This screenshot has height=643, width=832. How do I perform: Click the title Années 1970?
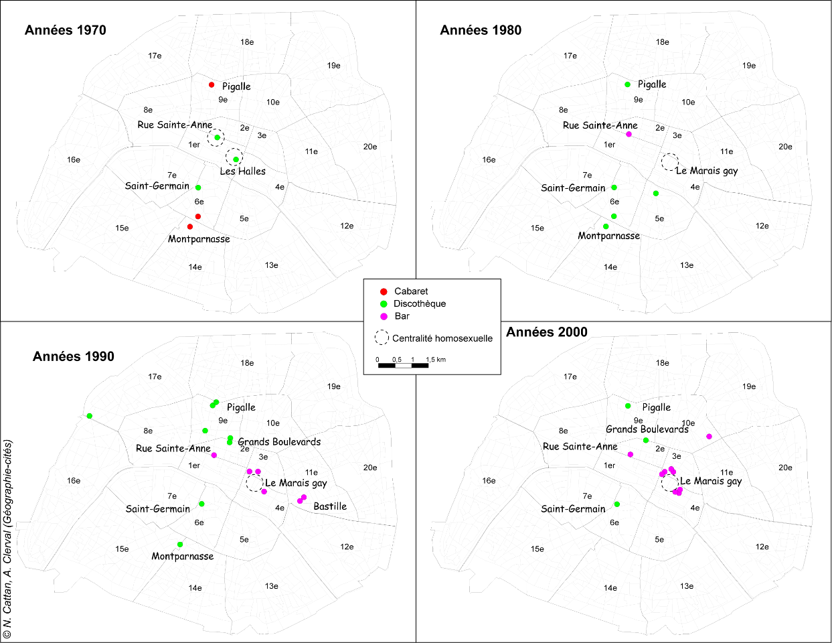point(66,30)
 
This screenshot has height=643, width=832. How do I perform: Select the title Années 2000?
point(547,332)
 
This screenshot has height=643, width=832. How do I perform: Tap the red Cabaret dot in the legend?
point(384,291)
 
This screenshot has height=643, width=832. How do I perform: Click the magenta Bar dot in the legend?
point(384,316)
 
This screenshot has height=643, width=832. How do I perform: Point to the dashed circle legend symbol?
point(382,338)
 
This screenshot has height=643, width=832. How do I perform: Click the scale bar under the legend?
point(403,365)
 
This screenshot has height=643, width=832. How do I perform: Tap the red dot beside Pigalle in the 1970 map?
point(212,85)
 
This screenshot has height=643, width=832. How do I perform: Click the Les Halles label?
point(242,171)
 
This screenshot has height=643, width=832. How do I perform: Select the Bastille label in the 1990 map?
point(330,506)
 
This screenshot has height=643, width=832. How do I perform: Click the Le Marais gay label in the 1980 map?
point(707,171)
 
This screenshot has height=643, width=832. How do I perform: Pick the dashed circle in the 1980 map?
point(669,161)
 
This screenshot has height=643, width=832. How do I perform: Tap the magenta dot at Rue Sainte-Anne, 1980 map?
point(629,135)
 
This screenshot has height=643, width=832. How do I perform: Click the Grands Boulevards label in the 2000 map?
point(647,429)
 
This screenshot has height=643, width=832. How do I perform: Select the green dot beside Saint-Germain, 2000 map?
point(617,504)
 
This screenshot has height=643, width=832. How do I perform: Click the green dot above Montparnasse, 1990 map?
point(180,545)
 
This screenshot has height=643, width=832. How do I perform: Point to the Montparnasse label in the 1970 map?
point(199,239)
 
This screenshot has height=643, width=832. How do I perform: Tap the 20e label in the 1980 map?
point(785,147)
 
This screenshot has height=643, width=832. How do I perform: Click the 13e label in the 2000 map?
point(687,586)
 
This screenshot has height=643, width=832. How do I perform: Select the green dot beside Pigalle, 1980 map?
point(627,84)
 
